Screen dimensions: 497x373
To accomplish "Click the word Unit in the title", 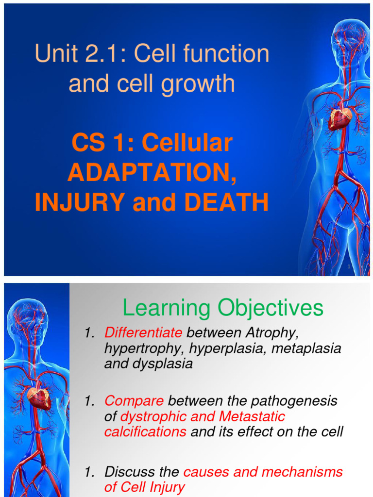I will [x=52, y=54].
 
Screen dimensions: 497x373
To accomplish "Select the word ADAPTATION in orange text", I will [x=153, y=173].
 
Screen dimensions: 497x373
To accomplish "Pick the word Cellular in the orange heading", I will [x=194, y=143].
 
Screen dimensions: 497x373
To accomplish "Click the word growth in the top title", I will [x=200, y=83].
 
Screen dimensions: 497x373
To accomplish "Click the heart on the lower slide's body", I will [x=39, y=398].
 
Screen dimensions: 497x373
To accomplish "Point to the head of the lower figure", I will [x=27, y=318].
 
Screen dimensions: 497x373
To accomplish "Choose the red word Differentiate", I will [x=143, y=333].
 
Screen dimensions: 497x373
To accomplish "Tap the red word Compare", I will [x=134, y=401].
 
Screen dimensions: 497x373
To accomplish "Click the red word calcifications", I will [x=145, y=432].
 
